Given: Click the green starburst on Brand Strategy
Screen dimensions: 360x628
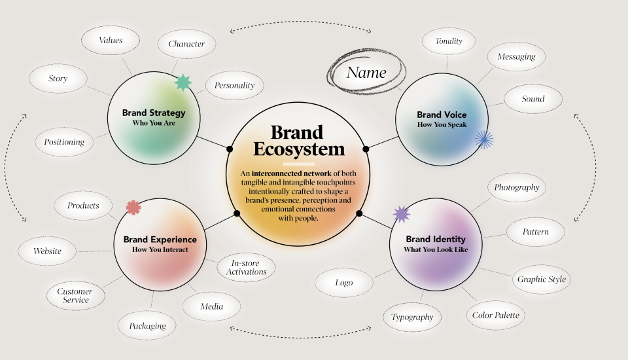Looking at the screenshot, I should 183,82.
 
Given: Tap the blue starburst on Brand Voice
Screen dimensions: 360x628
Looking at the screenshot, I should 483,138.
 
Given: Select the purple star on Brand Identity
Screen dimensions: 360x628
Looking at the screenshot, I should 401,213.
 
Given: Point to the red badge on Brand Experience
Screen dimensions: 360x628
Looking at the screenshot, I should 133,207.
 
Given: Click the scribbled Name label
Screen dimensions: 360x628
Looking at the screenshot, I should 366,73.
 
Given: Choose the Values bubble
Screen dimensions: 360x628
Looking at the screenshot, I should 111,41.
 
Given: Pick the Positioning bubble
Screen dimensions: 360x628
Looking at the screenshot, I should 64,142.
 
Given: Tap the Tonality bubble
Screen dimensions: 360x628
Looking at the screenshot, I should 448,41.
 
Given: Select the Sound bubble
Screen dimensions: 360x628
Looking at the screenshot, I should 533,99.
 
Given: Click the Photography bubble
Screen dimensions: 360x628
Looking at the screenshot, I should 517,187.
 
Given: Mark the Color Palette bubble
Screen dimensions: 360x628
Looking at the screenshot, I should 496,315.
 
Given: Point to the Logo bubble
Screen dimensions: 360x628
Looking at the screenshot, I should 344,283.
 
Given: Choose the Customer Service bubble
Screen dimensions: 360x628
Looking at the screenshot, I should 75,296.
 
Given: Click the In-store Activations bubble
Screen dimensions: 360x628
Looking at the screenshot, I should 247,267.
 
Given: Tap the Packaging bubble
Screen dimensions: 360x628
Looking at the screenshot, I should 147,325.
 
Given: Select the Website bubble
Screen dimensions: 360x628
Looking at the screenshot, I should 48,251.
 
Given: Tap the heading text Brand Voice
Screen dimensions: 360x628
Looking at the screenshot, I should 442,115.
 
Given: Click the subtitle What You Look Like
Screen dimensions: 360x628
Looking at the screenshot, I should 435,249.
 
